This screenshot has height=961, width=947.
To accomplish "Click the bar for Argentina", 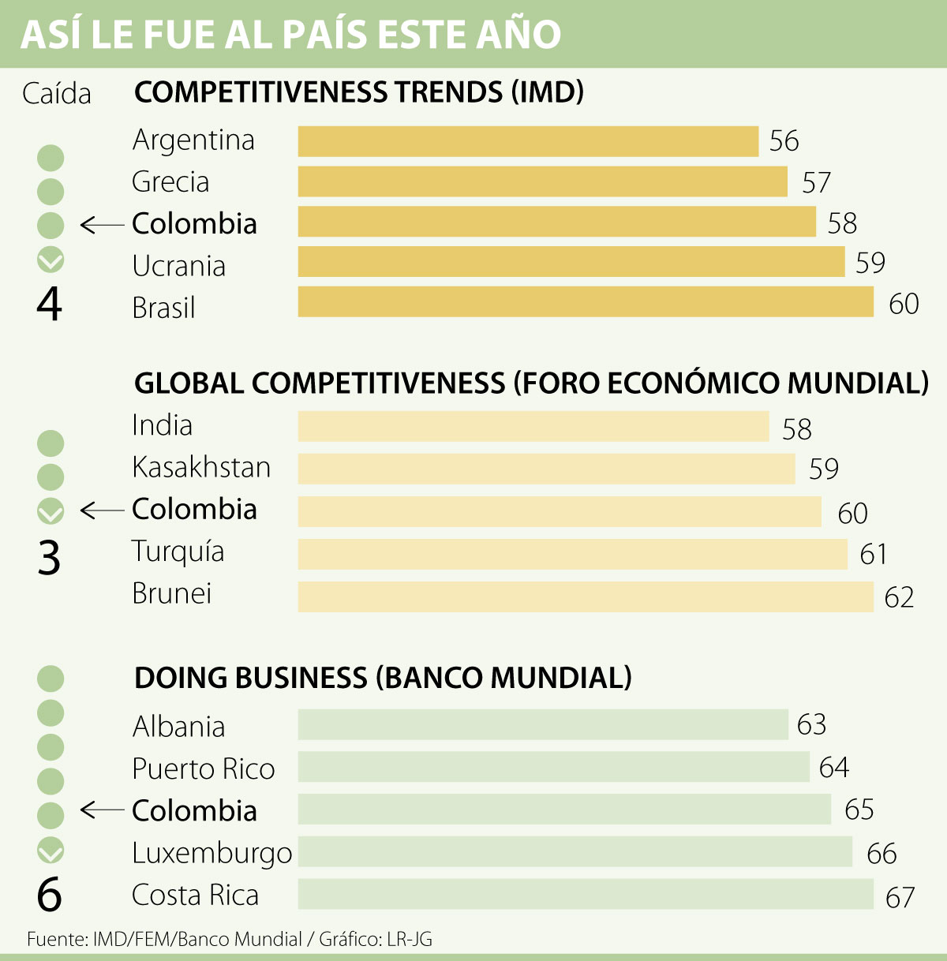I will (528, 141).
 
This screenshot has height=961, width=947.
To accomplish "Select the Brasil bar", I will (586, 302).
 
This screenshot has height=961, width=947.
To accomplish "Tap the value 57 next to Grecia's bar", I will (816, 182).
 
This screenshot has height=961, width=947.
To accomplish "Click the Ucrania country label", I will (179, 266).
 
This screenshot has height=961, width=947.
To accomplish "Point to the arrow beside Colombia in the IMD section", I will (102, 226).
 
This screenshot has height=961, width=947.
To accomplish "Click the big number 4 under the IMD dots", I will (49, 305).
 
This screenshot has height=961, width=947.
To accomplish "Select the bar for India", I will (533, 427).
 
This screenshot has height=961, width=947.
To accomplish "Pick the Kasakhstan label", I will (201, 467).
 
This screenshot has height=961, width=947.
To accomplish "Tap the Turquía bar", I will (572, 554).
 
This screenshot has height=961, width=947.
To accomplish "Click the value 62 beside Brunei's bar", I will (899, 597).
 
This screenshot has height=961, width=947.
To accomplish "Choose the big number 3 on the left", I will (49, 558).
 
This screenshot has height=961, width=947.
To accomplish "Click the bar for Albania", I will (543, 724).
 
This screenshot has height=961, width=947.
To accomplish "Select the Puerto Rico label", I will (204, 768).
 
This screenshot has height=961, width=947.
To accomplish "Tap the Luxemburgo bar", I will (575, 852).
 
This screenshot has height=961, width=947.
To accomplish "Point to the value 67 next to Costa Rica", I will (900, 897).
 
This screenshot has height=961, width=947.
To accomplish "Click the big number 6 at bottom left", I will (49, 894).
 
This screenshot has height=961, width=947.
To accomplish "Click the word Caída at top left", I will (57, 94).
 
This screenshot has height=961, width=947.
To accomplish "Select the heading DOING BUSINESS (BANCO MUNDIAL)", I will (383, 678).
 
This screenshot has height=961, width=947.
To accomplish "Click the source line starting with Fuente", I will (230, 939).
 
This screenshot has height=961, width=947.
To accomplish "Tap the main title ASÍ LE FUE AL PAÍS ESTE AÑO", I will (290, 35).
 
